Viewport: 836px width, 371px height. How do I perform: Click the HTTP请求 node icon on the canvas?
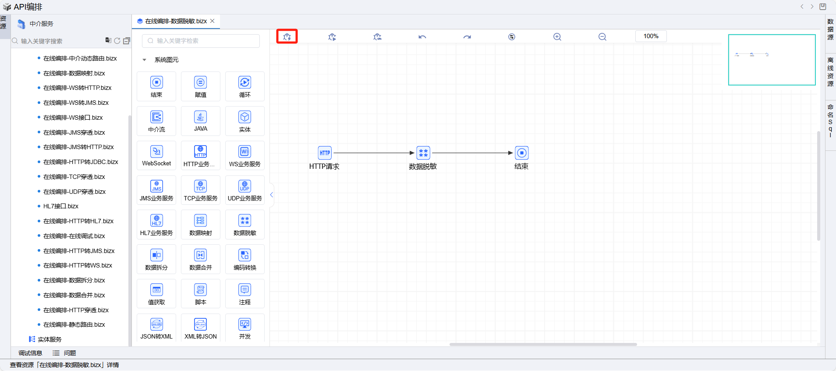(x=325, y=153)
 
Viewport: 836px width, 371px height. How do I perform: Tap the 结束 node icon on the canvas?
(x=522, y=153)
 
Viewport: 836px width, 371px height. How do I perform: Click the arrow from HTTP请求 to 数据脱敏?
(x=374, y=153)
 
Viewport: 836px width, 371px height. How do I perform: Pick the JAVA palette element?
(x=201, y=121)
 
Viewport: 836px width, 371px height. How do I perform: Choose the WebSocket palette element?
(x=156, y=156)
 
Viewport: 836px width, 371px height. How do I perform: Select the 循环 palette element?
(x=245, y=86)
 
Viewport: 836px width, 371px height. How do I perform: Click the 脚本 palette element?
(x=201, y=294)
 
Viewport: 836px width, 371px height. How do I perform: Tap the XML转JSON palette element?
(x=201, y=328)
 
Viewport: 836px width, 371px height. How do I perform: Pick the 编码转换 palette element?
(x=245, y=259)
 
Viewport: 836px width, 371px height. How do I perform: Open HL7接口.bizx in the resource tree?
(x=61, y=206)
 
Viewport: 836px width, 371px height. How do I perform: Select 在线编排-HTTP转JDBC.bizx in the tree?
(x=81, y=162)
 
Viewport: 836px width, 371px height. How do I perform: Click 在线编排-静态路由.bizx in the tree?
(x=74, y=325)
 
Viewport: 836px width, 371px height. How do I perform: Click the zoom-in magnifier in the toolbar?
(x=557, y=37)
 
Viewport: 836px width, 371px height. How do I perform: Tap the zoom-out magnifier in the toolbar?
(x=602, y=37)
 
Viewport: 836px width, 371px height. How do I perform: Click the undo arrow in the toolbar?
(x=422, y=37)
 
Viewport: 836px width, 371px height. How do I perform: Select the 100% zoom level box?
(x=651, y=36)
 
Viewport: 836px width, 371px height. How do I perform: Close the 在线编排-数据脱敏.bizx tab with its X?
(x=213, y=21)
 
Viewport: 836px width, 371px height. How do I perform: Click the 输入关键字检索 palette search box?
(x=201, y=41)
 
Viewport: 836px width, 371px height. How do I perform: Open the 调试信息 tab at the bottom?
(x=30, y=353)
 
